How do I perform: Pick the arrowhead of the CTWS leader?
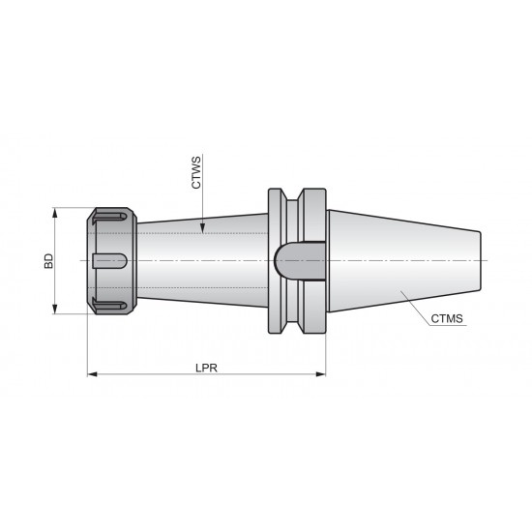[201, 230]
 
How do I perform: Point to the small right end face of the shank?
[484, 260]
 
